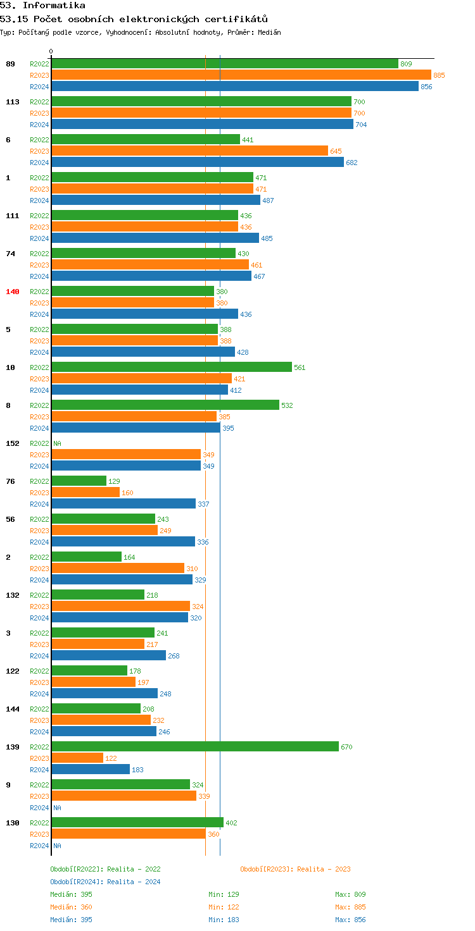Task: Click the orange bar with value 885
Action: point(241,75)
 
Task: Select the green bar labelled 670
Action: point(195,747)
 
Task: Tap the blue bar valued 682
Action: point(198,163)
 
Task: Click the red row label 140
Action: point(13,292)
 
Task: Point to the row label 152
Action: point(13,443)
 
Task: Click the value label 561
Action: point(300,367)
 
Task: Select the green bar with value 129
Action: point(79,481)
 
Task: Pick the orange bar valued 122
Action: point(77,758)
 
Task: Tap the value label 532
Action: point(287,405)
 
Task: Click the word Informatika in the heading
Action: point(54,6)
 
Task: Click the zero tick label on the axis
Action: point(51,52)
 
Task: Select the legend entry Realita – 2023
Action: point(295,869)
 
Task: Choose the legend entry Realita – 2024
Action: point(105,882)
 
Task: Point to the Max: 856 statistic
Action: point(350,920)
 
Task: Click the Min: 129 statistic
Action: point(224,894)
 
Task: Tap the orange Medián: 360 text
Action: point(71,907)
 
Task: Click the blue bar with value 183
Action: point(91,770)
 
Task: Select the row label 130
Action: point(13,823)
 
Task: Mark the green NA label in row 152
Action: point(57,443)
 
